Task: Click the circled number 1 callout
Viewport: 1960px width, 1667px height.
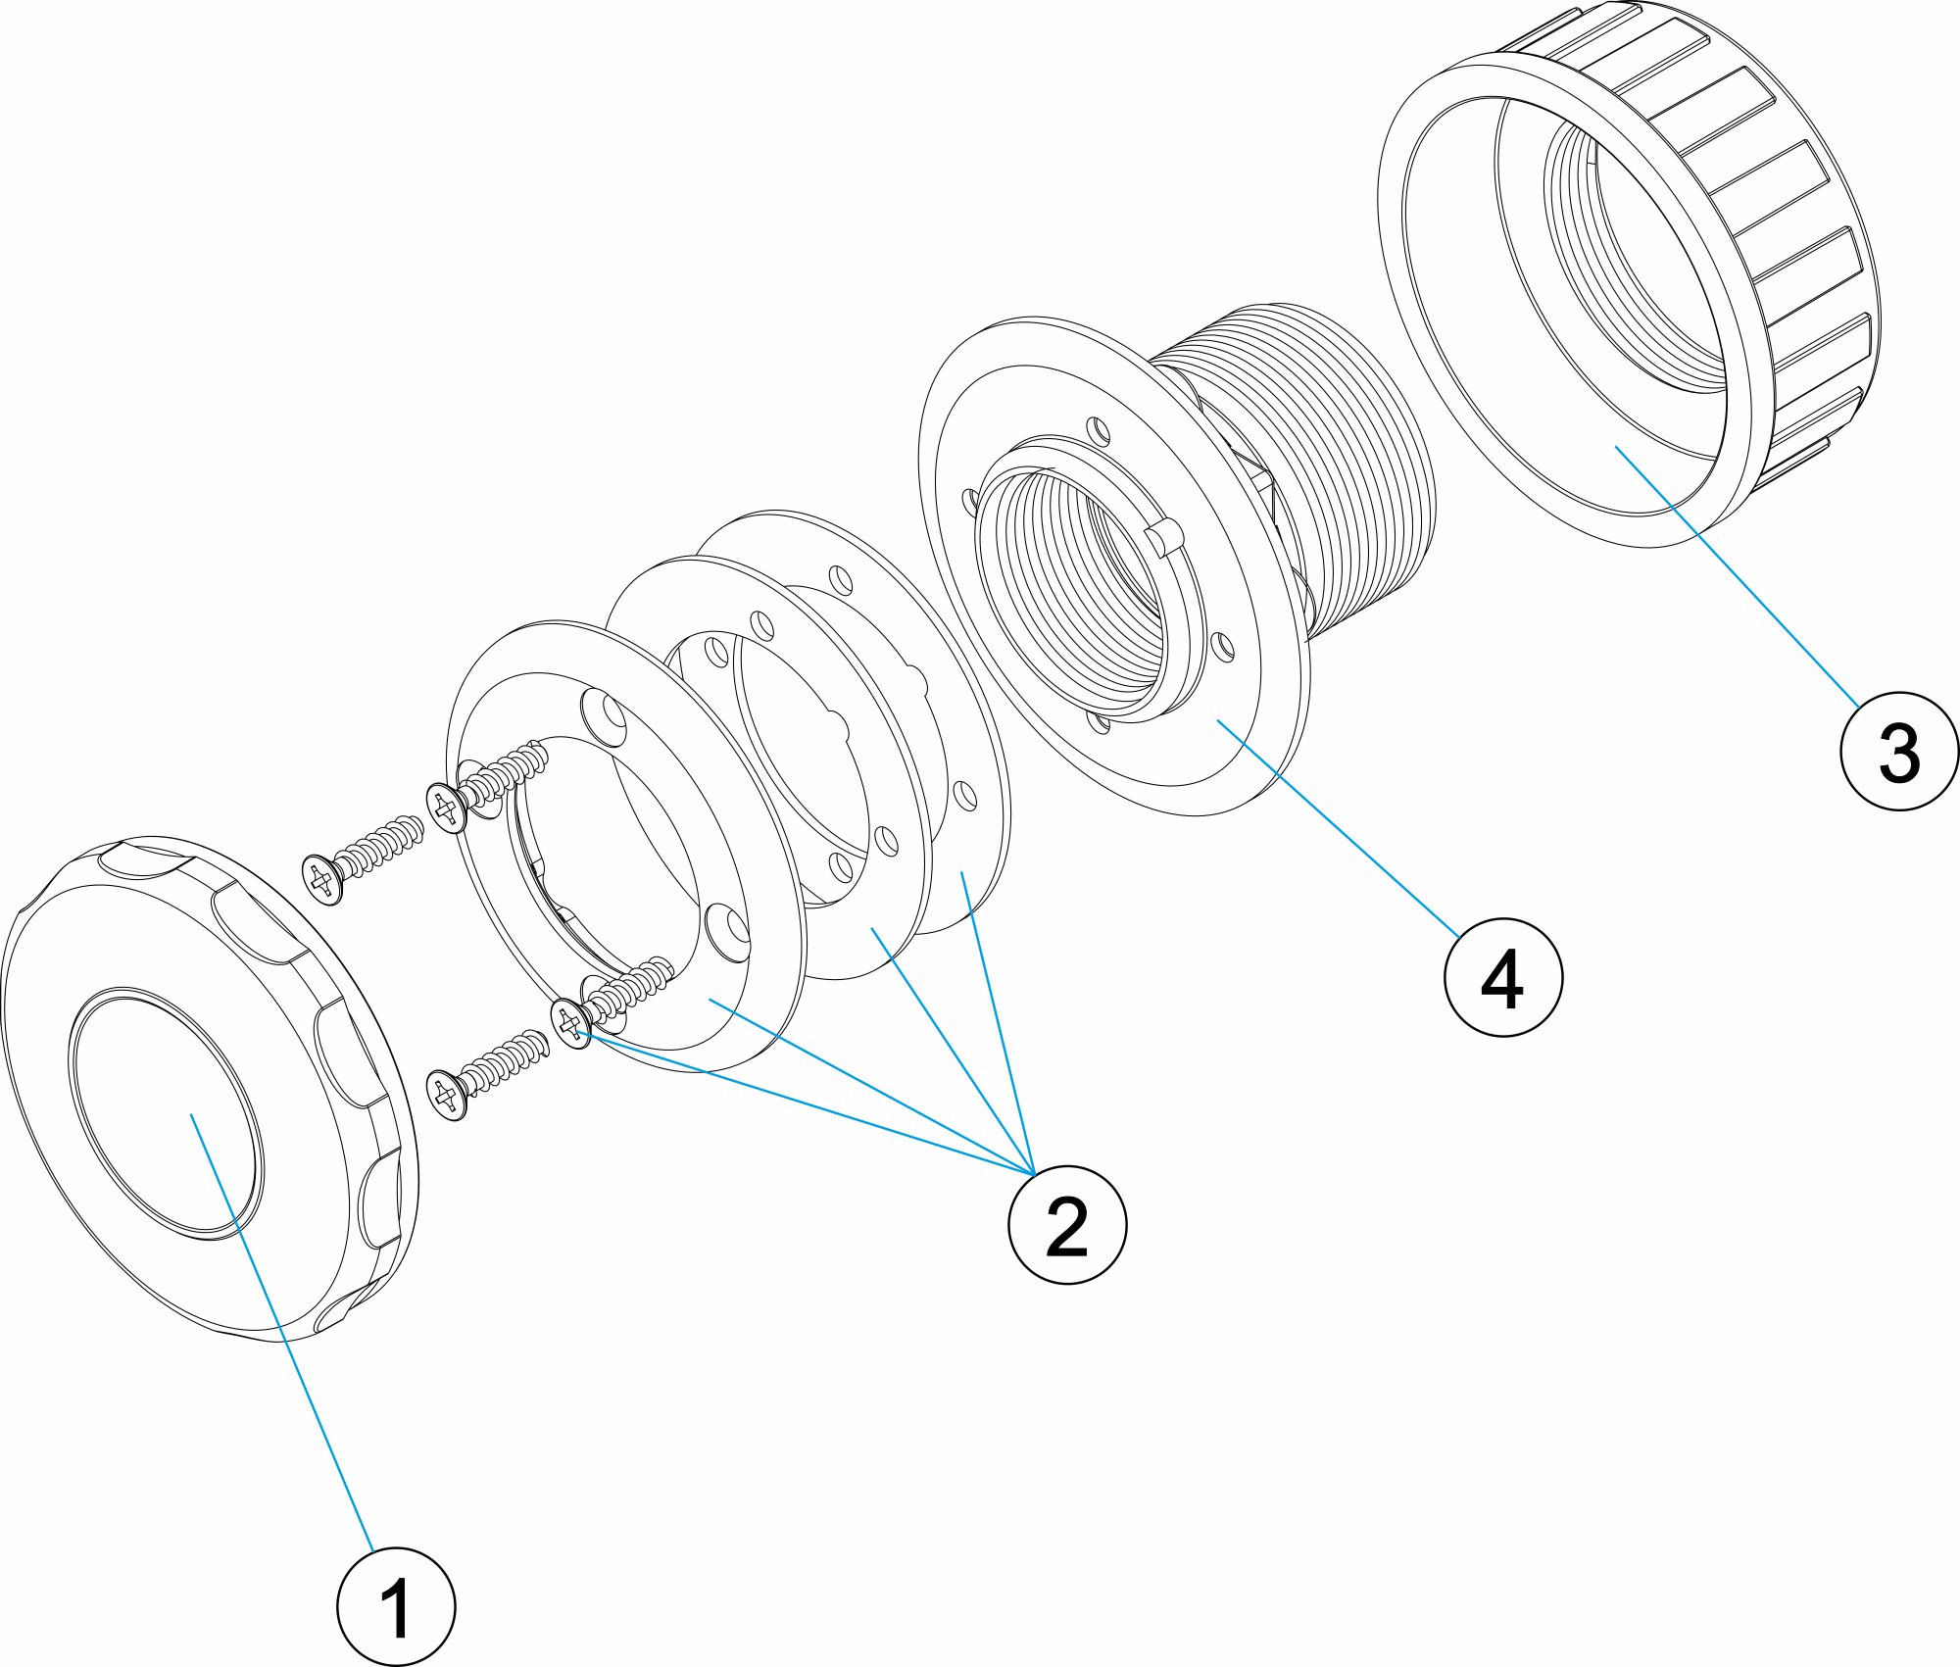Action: [396, 1605]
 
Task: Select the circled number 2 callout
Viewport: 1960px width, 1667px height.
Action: [1067, 1224]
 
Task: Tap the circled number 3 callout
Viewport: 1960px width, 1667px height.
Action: [1899, 752]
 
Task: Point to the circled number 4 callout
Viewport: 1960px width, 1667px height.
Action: [1503, 977]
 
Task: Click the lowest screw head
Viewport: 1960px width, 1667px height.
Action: [446, 1095]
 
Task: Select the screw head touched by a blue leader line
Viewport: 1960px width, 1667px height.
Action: [570, 1024]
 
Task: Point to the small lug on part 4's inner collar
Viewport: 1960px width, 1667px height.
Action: [1160, 537]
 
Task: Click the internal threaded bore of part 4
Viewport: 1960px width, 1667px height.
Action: [1078, 598]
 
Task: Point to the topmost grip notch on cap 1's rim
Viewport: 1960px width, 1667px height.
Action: [147, 862]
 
